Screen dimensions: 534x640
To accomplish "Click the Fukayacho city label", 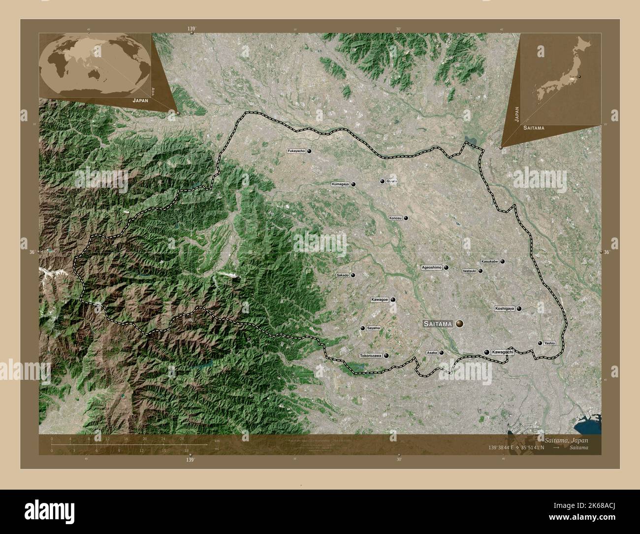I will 296,151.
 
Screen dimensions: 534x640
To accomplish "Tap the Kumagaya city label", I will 340,184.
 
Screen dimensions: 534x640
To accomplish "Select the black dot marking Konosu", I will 406,218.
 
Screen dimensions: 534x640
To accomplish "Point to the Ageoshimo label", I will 431,267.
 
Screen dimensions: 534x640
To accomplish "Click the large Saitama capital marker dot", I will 459,324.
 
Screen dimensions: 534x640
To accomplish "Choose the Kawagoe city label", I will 380,300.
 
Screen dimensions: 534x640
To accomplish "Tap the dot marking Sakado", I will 352,275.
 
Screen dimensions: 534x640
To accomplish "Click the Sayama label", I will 374,328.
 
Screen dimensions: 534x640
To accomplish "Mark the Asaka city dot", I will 441,353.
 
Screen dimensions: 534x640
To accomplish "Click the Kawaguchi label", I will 502,352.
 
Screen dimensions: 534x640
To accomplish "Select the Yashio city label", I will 550,343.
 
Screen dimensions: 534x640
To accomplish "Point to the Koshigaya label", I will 505,309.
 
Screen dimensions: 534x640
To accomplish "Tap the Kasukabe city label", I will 489,262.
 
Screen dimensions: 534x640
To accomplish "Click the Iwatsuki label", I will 469,271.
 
